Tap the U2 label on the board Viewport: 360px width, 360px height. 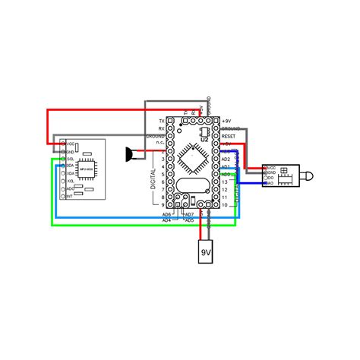point(204,139)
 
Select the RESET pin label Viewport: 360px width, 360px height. point(230,136)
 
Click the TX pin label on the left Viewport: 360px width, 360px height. point(161,121)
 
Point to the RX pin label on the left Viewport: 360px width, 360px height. point(161,128)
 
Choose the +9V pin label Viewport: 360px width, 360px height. point(227,121)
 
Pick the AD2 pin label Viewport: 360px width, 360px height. point(226,159)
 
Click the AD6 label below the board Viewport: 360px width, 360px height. point(166,215)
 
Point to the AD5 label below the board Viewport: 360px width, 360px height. point(189,220)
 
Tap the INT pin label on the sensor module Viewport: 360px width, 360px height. point(71,197)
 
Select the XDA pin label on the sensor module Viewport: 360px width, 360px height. point(71,174)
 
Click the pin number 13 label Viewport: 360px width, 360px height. point(225,182)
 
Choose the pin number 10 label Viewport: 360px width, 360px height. point(225,204)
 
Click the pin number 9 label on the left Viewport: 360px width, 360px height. point(163,204)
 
